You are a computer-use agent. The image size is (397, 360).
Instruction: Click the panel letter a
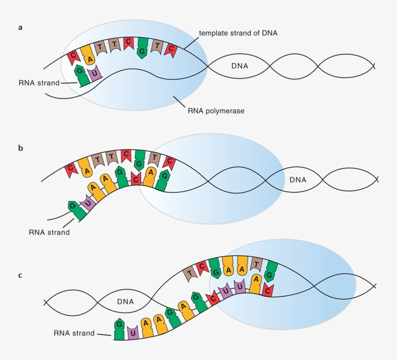20,28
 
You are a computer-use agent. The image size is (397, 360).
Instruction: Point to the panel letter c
20,275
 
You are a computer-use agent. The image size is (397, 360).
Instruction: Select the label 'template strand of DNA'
238,33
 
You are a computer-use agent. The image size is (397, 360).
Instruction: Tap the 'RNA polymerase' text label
216,110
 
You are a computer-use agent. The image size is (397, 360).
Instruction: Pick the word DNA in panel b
298,180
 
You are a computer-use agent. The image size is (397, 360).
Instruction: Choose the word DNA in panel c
125,302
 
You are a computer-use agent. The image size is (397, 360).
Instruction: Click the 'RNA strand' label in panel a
39,83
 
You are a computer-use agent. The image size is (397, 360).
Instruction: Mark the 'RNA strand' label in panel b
49,232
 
